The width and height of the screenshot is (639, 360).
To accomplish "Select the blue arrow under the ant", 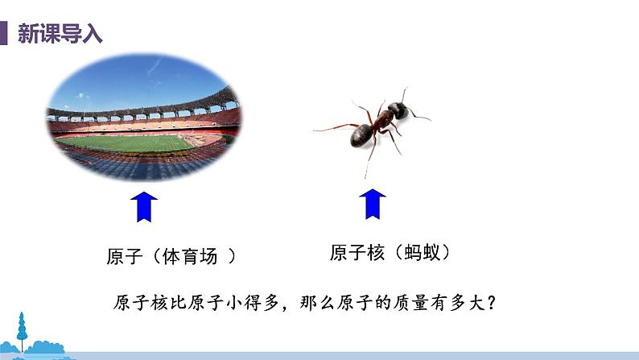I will pos(372,204).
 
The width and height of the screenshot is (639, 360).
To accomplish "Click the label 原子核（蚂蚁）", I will pos(389,252).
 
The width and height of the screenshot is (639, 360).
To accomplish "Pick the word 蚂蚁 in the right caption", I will pos(419,252).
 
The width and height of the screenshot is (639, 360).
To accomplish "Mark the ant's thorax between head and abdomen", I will pos(381,119).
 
